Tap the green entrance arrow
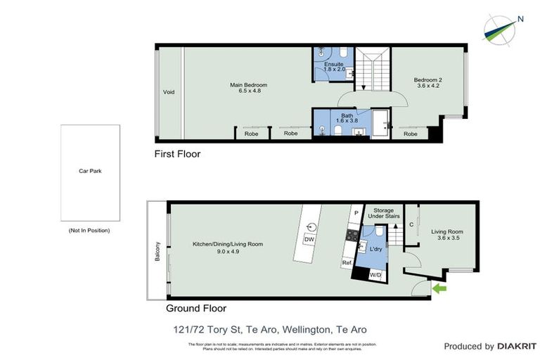pos(440,288)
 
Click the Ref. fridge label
pos(347,263)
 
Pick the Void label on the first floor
pos(169,92)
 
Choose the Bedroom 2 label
pos(428,80)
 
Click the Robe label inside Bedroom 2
pos(411,134)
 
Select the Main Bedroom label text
pos(249,85)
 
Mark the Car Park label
pos(89,170)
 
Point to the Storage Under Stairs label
pos(383,213)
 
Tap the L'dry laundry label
pos(375,249)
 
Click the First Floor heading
pos(177,153)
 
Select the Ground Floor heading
pos(196,308)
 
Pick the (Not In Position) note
pos(89,230)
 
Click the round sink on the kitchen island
pos(310,226)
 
